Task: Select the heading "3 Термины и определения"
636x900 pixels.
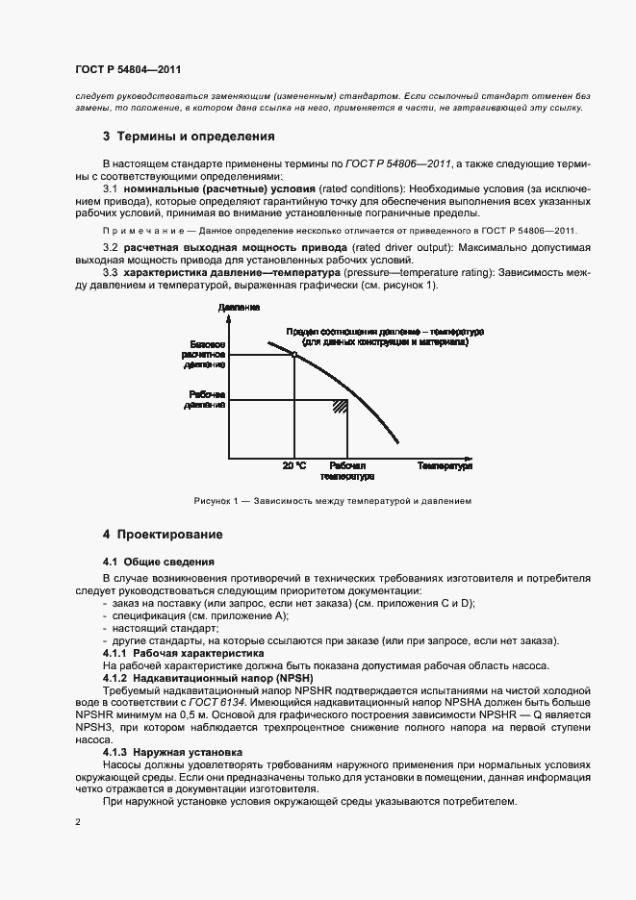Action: tap(189, 137)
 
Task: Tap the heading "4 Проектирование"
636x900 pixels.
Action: tap(163, 534)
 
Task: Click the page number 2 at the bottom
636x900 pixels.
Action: tap(77, 823)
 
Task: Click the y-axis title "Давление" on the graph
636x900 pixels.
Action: tap(238, 308)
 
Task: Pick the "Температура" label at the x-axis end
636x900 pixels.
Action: tap(445, 466)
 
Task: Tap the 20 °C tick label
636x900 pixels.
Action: tap(294, 466)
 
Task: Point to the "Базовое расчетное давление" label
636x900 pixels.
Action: tap(203, 354)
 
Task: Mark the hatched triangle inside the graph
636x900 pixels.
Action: tap(340, 407)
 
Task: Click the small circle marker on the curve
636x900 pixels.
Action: tap(293, 355)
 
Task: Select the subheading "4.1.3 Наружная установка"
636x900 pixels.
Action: tap(172, 751)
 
